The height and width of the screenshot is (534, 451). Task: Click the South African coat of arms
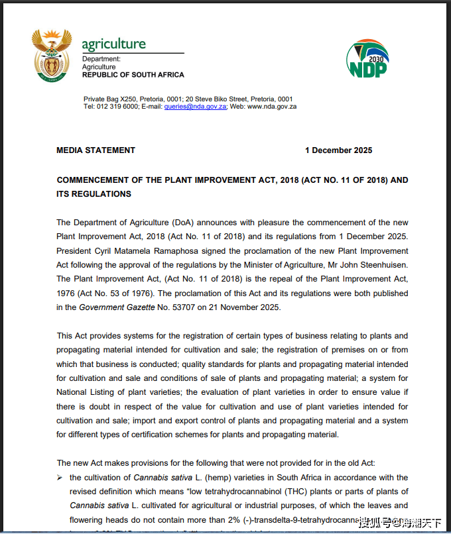(51, 55)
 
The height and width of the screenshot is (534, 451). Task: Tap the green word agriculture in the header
(113, 44)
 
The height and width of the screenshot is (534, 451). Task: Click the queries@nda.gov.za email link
(196, 106)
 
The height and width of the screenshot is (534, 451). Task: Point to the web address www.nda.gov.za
(272, 106)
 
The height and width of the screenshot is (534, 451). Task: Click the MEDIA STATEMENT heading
(96, 150)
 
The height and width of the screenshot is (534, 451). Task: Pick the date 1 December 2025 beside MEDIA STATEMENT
(338, 150)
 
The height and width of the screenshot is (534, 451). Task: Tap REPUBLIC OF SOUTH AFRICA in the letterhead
(133, 75)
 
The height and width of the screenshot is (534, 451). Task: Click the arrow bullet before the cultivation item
(60, 478)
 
